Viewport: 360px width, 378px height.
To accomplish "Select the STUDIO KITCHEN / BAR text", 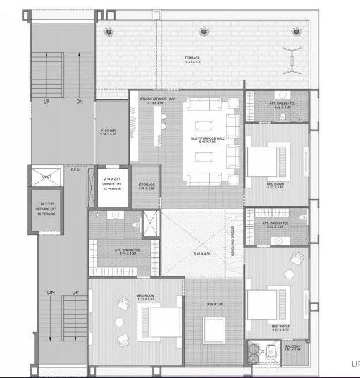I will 156,101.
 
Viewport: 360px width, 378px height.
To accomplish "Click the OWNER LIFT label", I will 112,184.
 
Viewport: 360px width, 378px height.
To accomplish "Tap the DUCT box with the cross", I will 46,177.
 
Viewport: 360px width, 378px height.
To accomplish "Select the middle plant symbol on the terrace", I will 204,31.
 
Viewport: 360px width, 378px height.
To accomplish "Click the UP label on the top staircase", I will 46,102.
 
